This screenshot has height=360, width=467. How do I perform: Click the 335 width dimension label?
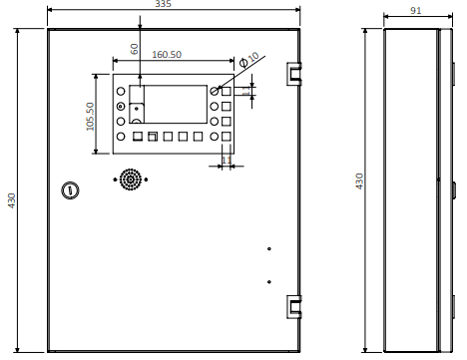(163, 4)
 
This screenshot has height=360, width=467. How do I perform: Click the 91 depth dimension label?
(415, 11)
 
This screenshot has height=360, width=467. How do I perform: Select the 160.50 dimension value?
(167, 55)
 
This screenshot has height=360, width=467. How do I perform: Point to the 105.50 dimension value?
(90, 116)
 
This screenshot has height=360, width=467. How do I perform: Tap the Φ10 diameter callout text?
(249, 59)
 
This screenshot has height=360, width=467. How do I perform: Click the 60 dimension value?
(134, 49)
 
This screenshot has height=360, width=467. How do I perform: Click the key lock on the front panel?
(70, 190)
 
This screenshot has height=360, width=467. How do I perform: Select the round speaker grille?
(131, 180)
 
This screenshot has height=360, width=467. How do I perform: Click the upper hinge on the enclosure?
(294, 74)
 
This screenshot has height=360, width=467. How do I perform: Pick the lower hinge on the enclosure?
(294, 307)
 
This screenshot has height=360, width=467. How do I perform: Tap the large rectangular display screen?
(176, 104)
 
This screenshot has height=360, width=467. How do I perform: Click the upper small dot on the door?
(269, 248)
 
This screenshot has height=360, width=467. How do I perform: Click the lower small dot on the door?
(269, 282)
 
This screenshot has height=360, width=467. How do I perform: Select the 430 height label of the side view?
(359, 181)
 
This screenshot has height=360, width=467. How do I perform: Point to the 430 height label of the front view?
(12, 200)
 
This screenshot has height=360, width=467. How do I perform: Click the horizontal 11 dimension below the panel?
(227, 160)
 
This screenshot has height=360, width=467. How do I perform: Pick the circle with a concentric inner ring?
(121, 107)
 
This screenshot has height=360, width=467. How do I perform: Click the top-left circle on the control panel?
(121, 91)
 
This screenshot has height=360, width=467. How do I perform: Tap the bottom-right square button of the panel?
(227, 137)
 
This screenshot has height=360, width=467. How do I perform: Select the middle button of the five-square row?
(168, 137)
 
